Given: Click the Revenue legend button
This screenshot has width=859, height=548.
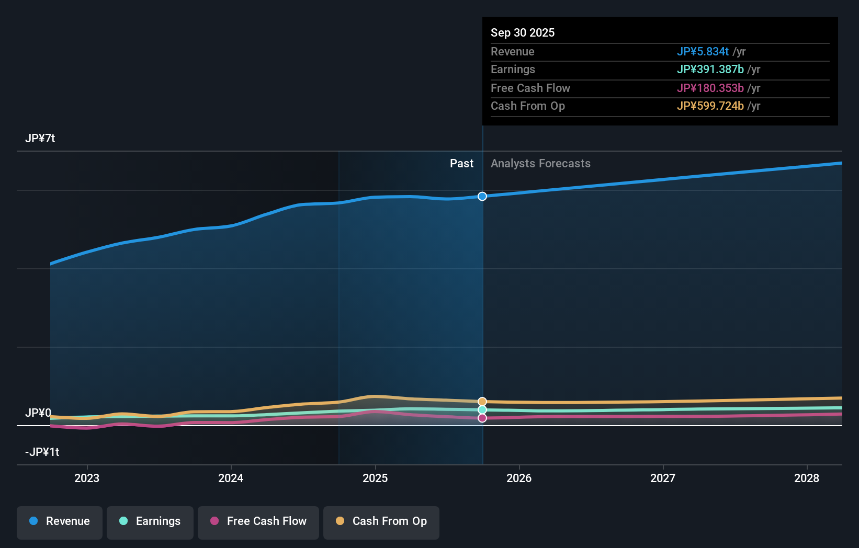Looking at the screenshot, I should [60, 521].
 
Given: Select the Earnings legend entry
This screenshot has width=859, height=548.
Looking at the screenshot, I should [150, 521].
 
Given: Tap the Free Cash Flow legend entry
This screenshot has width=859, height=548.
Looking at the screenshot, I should [258, 521].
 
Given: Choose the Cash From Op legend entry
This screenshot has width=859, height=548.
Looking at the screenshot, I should [381, 521].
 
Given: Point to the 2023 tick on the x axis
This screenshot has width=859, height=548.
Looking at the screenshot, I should [87, 478].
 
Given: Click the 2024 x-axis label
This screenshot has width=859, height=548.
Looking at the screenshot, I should [231, 478].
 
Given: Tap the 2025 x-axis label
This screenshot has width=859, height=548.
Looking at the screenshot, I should [375, 478].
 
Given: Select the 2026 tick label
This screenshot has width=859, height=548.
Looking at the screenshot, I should [519, 478].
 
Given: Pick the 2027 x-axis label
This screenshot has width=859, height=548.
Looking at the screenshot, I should [663, 478].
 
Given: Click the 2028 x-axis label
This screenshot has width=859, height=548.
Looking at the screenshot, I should [807, 478].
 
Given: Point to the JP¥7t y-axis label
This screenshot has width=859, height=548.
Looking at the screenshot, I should [40, 139].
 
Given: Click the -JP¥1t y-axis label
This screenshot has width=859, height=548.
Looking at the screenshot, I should [42, 452].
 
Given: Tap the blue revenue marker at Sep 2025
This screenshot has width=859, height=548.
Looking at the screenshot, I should [482, 196].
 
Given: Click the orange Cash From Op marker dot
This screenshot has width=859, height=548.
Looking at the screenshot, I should [482, 402].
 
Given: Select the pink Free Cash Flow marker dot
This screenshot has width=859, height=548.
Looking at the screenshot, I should [482, 418].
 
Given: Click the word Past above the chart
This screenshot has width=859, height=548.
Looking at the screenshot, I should [461, 164].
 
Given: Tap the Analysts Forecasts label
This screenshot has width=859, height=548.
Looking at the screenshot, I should [540, 164].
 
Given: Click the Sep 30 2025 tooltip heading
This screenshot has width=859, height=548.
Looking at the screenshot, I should [523, 32].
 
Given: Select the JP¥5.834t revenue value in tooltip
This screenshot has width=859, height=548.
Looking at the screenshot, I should [703, 52].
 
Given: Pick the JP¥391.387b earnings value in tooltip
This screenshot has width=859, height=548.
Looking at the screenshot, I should [710, 70].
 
